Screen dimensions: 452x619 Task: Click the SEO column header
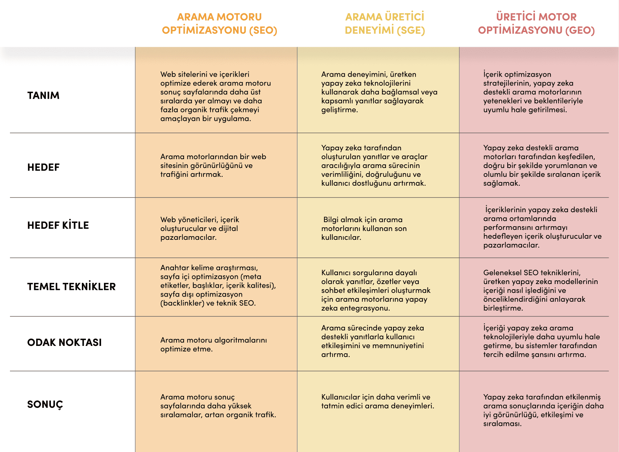point(219,24)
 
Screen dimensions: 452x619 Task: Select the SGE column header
point(385,24)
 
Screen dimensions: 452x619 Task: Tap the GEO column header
point(536,24)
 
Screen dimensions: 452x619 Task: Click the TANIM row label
point(43,96)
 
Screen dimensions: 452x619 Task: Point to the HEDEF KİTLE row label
point(58,225)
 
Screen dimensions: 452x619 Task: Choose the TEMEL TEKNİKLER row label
point(71,287)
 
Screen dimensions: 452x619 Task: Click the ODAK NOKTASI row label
point(64,343)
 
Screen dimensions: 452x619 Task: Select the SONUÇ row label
point(45,404)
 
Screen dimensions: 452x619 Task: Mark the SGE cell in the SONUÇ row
point(378,402)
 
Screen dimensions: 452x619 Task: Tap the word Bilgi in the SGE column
point(331,220)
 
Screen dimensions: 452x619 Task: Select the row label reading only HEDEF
point(43,168)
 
